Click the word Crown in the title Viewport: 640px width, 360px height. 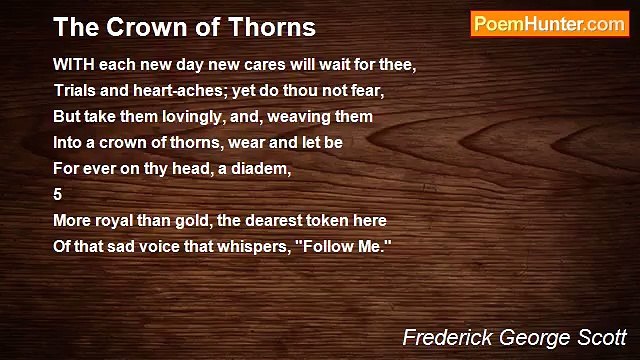[x=123, y=26]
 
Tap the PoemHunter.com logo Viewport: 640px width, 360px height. [x=549, y=24]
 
